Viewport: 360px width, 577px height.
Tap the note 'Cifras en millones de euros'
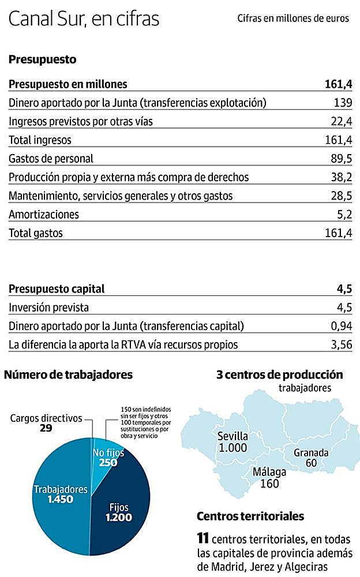[x=293, y=18]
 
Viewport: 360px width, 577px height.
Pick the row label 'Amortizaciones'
[x=44, y=215]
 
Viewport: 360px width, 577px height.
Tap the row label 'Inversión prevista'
[x=48, y=307]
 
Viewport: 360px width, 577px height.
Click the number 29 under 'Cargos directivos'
[x=47, y=429]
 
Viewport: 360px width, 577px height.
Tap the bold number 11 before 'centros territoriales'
[x=202, y=539]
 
